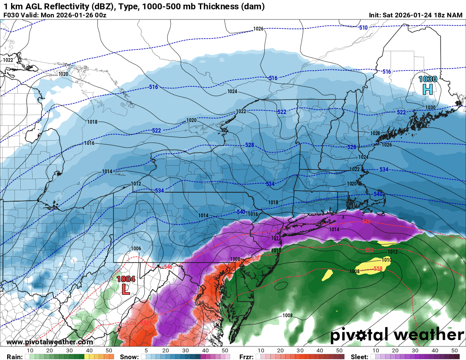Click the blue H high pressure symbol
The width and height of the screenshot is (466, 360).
coord(427,89)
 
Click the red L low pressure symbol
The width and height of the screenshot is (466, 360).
coord(125,289)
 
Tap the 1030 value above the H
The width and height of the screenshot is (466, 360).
coord(427,79)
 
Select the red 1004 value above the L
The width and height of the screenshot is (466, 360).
coord(126,279)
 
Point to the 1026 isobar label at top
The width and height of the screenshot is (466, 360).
coord(258,29)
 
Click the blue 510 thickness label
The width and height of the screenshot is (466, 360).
coord(363,28)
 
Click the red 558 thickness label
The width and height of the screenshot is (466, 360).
coord(378,269)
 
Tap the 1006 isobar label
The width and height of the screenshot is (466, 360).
coord(136,249)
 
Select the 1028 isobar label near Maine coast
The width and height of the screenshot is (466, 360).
coord(375,133)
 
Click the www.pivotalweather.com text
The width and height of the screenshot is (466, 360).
coord(50,342)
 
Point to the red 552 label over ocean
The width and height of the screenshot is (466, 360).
coord(369,250)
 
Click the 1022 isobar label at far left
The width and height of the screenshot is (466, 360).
coord(8,60)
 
